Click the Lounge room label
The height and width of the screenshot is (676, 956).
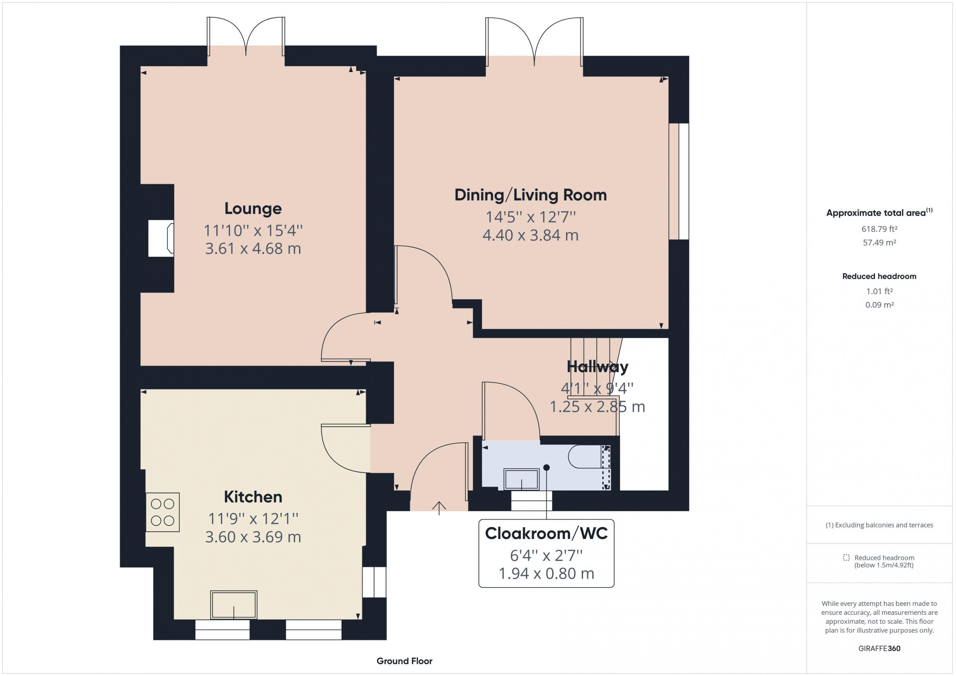pyautogui.click(x=253, y=209)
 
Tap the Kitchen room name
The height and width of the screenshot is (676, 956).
pyautogui.click(x=253, y=497)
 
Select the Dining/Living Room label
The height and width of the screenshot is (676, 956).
pyautogui.click(x=530, y=195)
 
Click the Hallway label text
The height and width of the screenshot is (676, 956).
pyautogui.click(x=597, y=367)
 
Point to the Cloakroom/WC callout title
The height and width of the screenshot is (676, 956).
pyautogui.click(x=546, y=534)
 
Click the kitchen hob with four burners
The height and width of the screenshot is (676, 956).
pyautogui.click(x=162, y=513)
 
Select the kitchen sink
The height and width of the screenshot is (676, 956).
pyautogui.click(x=234, y=605)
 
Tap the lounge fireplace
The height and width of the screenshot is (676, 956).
pyautogui.click(x=161, y=238)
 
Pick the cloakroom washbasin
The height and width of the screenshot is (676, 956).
pyautogui.click(x=521, y=479)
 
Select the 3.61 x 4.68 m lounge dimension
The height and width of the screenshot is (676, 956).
pyautogui.click(x=253, y=249)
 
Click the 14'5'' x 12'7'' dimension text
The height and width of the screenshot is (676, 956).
pyautogui.click(x=530, y=217)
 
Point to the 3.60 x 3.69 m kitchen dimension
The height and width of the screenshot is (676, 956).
pyautogui.click(x=253, y=537)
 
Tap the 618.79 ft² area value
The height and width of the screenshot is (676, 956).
pyautogui.click(x=879, y=229)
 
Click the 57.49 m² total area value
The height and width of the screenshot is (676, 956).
pyautogui.click(x=879, y=242)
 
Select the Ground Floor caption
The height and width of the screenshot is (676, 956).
pyautogui.click(x=404, y=661)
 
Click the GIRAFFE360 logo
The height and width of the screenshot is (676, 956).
pyautogui.click(x=879, y=648)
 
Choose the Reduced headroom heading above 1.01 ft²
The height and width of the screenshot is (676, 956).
pyautogui.click(x=879, y=276)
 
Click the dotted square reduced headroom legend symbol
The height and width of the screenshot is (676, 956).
pyautogui.click(x=846, y=557)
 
